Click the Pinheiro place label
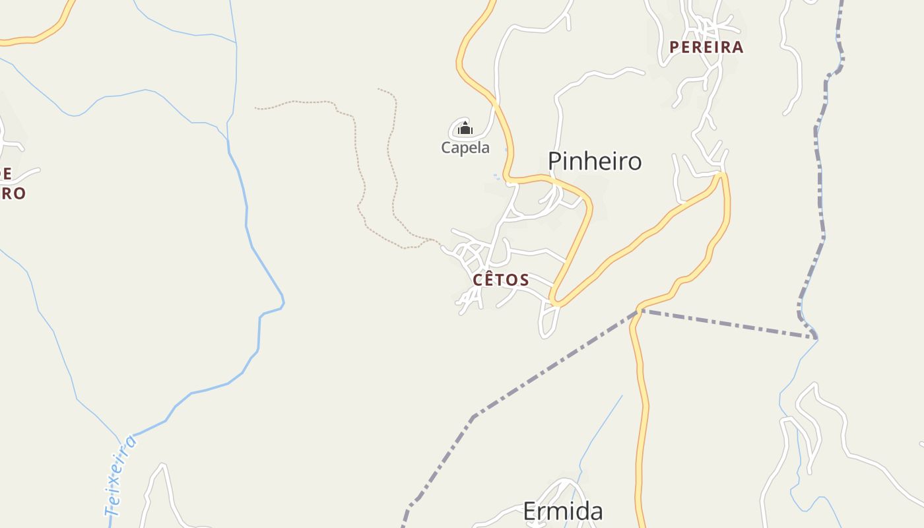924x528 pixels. click(595, 161)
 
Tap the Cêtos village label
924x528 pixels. click(501, 280)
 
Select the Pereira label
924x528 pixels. click(706, 47)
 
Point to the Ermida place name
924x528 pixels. click(563, 511)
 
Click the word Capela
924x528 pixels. click(465, 147)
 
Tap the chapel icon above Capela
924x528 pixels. click(465, 127)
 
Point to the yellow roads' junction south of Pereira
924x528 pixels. click(723, 174)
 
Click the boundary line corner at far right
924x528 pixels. click(816, 338)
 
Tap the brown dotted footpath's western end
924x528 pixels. click(256, 108)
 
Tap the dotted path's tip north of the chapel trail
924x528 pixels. click(379, 89)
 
